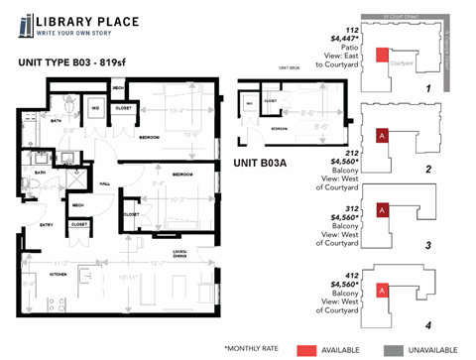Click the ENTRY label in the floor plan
click(x=47, y=225)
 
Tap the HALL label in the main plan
click(x=104, y=182)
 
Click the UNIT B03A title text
click(x=261, y=163)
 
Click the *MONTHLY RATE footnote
click(x=255, y=349)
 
